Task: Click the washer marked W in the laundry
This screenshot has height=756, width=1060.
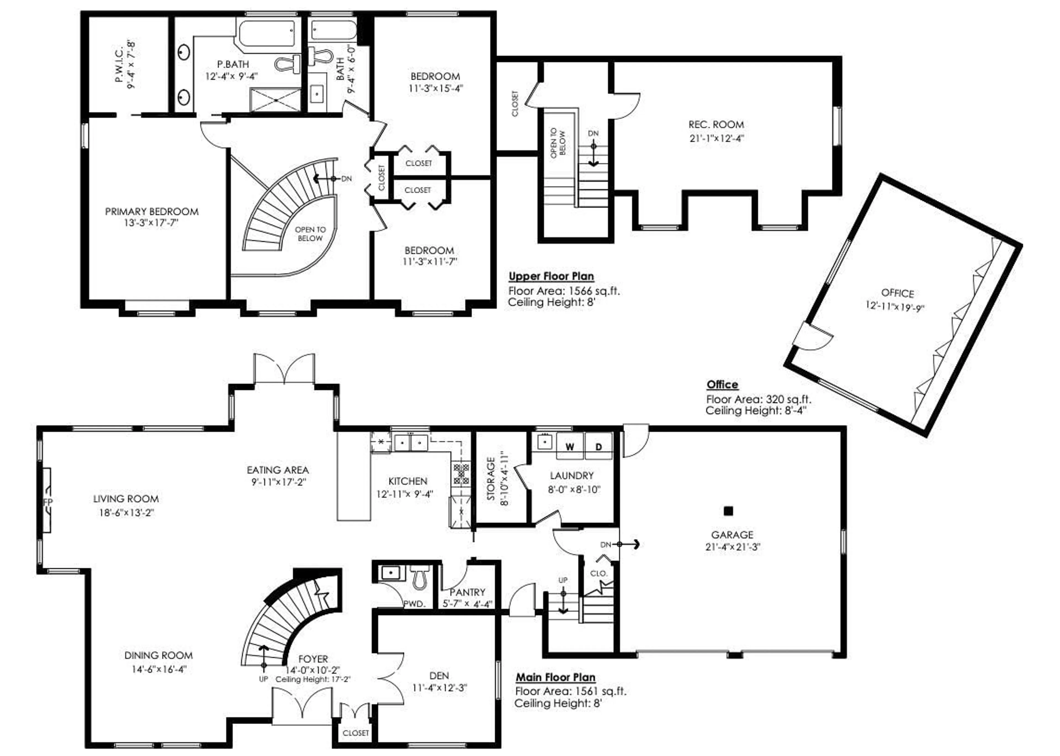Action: click(x=569, y=446)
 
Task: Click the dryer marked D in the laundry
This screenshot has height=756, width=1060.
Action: click(x=599, y=446)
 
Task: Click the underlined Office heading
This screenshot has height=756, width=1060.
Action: click(x=722, y=384)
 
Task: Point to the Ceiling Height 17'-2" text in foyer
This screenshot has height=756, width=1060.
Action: click(x=312, y=679)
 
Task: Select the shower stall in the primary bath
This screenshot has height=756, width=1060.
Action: click(x=275, y=100)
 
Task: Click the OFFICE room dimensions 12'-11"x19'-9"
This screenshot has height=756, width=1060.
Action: click(x=894, y=306)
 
